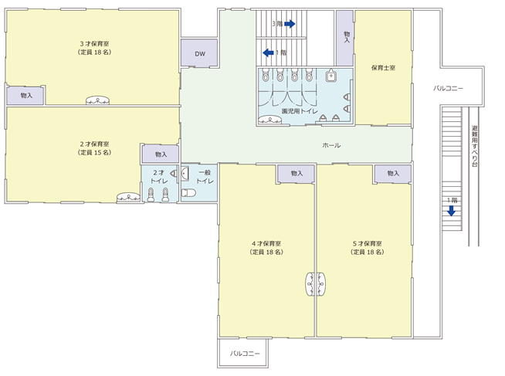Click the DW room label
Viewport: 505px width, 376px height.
pos(200,54)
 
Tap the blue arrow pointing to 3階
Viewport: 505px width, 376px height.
pos(290,24)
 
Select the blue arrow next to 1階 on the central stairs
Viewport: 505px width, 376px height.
pos(268,53)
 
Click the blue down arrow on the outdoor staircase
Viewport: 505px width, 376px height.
pos(452,211)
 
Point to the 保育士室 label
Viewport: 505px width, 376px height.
pos(383,68)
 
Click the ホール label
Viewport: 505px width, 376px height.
pos(331,145)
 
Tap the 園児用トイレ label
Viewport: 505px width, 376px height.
pos(300,111)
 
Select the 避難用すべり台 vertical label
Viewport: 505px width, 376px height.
pos(474,146)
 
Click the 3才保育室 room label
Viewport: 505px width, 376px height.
pos(94,44)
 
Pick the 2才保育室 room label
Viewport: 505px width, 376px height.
pos(94,144)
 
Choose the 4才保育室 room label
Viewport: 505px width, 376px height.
pos(266,244)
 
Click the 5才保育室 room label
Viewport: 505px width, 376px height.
pos(368,244)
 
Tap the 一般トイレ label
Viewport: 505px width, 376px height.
pos(205,177)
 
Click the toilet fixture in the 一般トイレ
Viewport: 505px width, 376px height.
pos(188,193)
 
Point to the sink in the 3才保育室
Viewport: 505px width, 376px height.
pos(97,100)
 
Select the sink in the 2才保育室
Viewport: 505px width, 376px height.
pos(128,198)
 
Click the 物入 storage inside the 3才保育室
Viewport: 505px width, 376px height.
pos(25,96)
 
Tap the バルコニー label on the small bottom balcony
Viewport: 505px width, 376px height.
pos(245,354)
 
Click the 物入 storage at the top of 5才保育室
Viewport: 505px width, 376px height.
pos(392,174)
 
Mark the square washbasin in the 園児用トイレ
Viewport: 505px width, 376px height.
pos(330,76)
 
